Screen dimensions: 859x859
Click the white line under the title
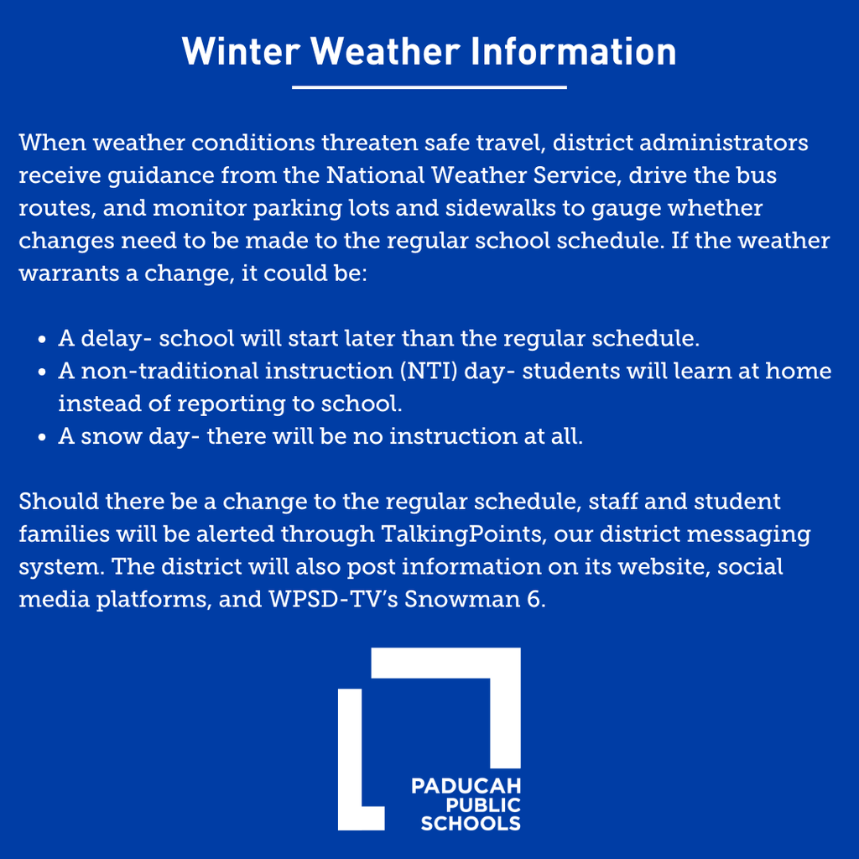point(429,86)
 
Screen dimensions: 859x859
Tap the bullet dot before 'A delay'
point(43,341)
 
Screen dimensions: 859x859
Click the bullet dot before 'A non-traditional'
point(43,372)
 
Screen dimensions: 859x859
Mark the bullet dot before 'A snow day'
point(43,438)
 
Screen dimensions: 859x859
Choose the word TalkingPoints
point(468,534)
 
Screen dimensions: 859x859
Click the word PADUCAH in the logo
point(466,787)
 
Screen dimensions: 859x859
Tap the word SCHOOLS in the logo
point(470,823)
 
